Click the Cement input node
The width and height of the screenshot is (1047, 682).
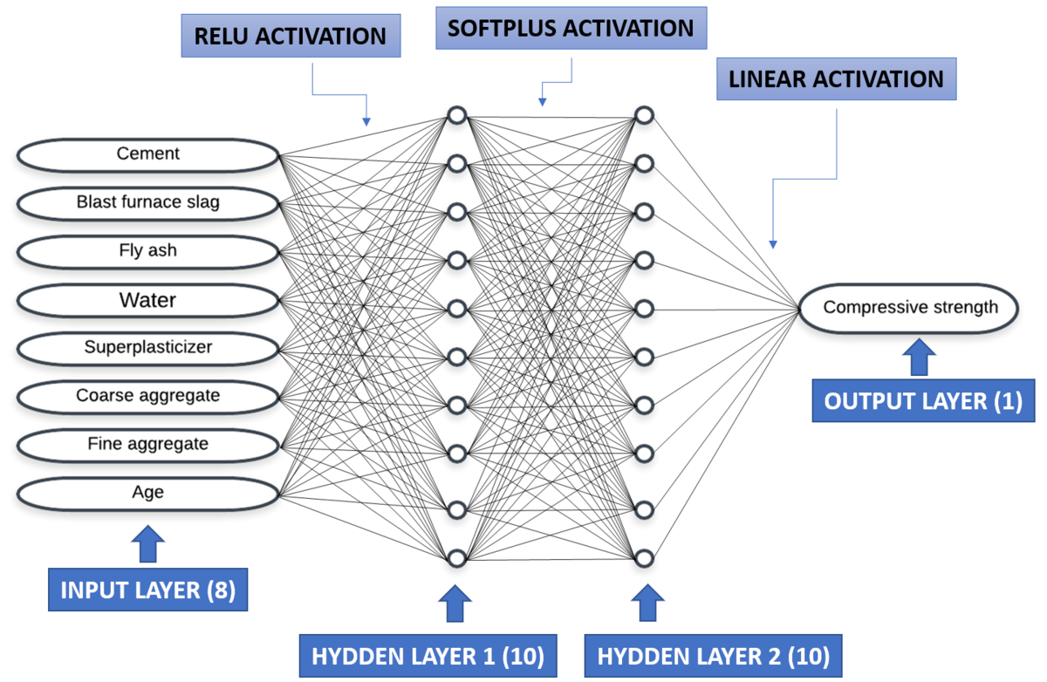[x=147, y=154]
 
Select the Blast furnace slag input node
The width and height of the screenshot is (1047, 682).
[x=147, y=203]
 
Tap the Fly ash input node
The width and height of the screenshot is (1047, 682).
[x=147, y=251]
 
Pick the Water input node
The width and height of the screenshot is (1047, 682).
[x=147, y=300]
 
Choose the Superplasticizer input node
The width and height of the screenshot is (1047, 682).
[x=147, y=348]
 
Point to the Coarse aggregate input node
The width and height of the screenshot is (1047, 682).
[x=147, y=396]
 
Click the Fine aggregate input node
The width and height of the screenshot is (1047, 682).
[x=147, y=445]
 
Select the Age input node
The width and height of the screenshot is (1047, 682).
[x=147, y=493]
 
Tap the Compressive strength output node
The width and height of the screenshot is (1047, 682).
[x=910, y=307]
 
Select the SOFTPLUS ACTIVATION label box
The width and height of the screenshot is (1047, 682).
[x=571, y=29]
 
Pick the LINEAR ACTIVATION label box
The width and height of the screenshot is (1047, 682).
[x=837, y=79]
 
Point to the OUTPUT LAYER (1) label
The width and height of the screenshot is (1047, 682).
[x=924, y=401]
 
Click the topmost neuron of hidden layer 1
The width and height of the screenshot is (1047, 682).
[x=455, y=115]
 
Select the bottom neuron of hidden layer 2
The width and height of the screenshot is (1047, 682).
[x=644, y=557]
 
